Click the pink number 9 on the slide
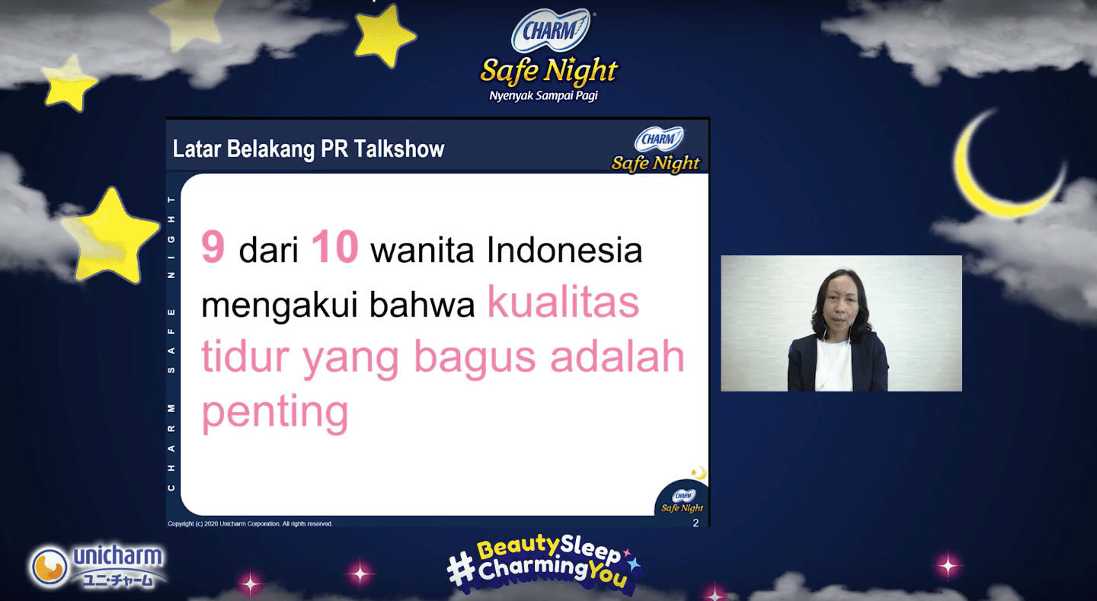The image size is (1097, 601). [x=213, y=247]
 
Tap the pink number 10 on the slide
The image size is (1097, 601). [x=335, y=247]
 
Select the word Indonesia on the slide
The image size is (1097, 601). [x=564, y=250]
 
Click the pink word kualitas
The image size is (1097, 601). [x=563, y=302]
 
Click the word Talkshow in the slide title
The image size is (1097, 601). [x=399, y=149]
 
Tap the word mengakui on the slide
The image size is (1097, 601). [x=280, y=305]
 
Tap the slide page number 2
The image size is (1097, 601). [x=696, y=523]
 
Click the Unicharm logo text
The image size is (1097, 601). [x=117, y=556]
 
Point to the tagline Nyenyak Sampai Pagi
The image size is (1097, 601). [x=544, y=95]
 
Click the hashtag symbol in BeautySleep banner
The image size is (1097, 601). [x=462, y=567]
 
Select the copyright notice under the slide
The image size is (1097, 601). [x=250, y=523]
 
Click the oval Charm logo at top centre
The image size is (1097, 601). [x=551, y=30]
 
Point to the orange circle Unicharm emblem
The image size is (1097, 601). [x=50, y=566]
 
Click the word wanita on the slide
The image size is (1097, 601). [x=422, y=250]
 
